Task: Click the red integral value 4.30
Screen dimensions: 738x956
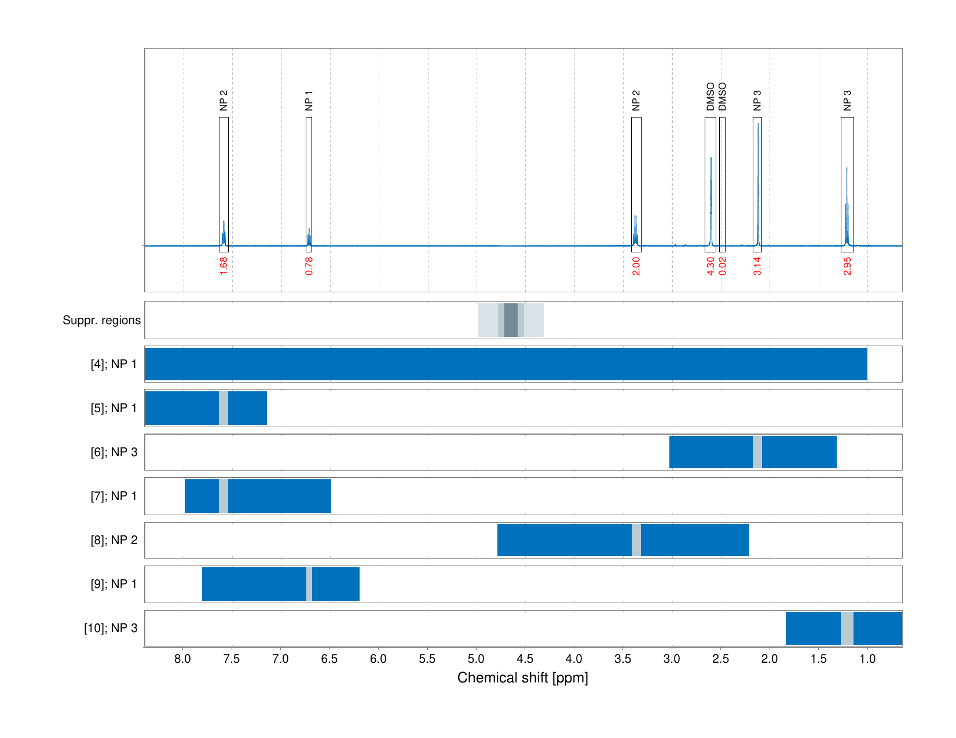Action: click(710, 266)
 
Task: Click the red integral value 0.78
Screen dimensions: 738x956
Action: click(309, 266)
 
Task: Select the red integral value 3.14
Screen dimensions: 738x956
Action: click(757, 266)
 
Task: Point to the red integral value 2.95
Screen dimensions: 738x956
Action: click(847, 266)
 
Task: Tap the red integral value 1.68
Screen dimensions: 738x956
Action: click(224, 266)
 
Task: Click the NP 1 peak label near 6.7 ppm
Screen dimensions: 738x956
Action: click(309, 101)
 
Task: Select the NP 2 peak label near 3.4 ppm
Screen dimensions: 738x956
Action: click(636, 101)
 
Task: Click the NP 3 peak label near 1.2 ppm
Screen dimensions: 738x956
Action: click(847, 101)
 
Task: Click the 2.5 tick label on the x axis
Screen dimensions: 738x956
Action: click(720, 659)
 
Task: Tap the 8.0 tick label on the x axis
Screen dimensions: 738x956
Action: click(183, 659)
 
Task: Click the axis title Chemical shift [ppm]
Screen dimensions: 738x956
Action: click(522, 678)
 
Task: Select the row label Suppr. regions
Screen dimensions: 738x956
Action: click(101, 320)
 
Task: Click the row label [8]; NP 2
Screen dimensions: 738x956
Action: click(114, 540)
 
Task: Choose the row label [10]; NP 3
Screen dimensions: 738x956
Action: click(111, 628)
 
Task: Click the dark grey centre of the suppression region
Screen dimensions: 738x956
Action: click(511, 320)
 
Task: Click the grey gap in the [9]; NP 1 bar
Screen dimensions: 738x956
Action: click(309, 584)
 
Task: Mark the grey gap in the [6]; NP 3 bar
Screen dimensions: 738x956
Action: click(757, 452)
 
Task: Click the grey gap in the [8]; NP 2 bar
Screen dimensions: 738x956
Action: click(636, 540)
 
